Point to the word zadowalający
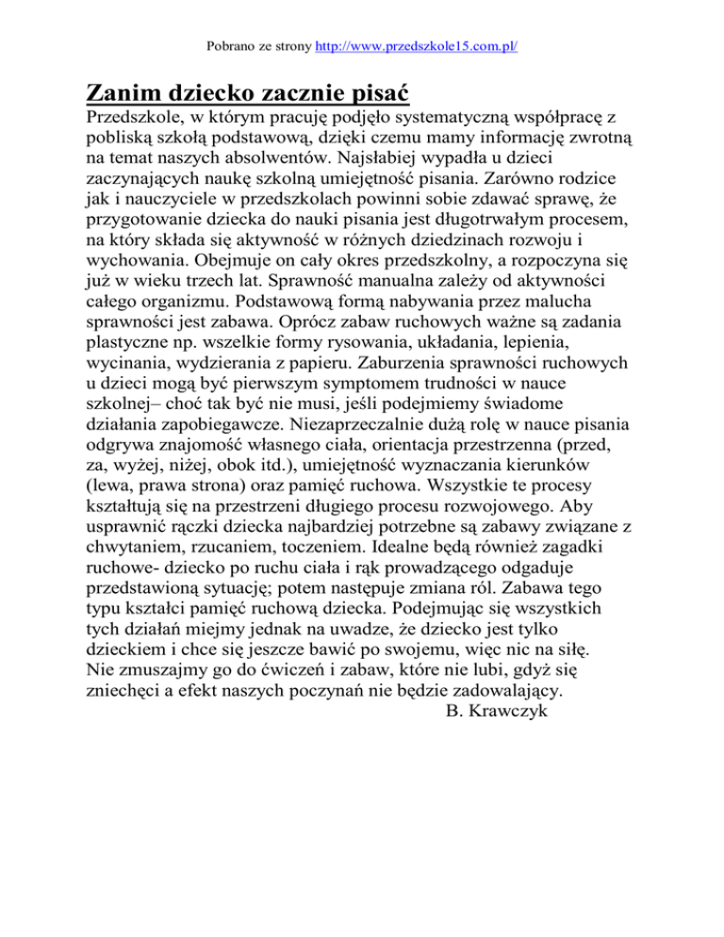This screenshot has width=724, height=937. coord(486,688)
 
